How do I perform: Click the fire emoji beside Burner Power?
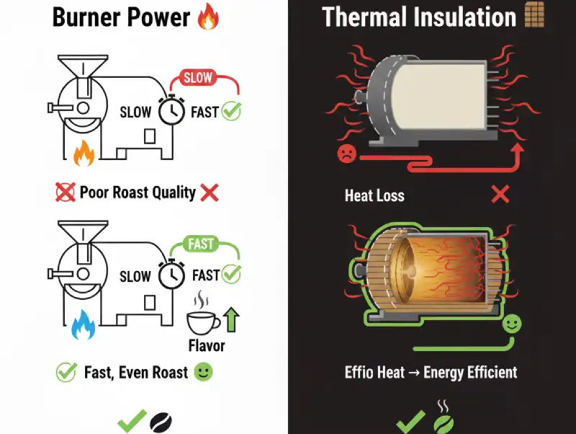click(207, 16)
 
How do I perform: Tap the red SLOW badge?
click(199, 77)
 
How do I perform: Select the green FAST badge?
click(201, 244)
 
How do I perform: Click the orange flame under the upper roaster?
click(84, 154)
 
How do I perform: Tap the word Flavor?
click(207, 345)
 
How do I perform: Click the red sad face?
click(347, 153)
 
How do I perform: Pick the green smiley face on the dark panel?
click(512, 324)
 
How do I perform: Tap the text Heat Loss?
click(374, 195)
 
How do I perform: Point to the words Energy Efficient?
click(469, 372)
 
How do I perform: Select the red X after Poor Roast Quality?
click(210, 192)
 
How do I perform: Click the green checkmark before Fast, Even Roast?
click(66, 372)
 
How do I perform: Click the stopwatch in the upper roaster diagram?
click(171, 111)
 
